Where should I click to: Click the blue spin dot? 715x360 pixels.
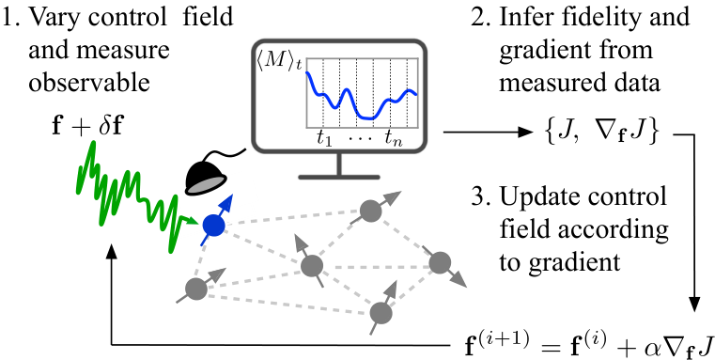[x=214, y=225]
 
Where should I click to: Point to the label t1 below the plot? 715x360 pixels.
[x=324, y=137]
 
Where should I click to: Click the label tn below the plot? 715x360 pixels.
[x=393, y=137]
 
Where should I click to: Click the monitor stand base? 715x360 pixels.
[x=339, y=177]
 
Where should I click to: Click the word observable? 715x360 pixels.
[x=89, y=82]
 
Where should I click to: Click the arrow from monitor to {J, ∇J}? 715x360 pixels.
[x=488, y=133]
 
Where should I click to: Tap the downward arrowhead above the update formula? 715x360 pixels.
[x=694, y=305]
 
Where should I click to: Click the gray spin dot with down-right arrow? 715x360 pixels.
[x=440, y=263]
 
